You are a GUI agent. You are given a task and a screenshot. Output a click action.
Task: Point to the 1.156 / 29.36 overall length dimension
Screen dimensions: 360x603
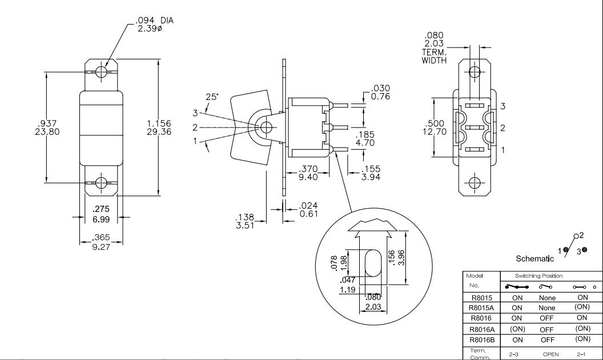point(159,128)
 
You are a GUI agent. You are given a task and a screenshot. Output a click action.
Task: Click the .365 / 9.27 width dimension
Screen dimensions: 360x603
point(101,242)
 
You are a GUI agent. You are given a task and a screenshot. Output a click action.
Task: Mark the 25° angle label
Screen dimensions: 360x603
point(212,97)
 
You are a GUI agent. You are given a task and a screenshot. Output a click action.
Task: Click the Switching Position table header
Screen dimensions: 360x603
point(530,276)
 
